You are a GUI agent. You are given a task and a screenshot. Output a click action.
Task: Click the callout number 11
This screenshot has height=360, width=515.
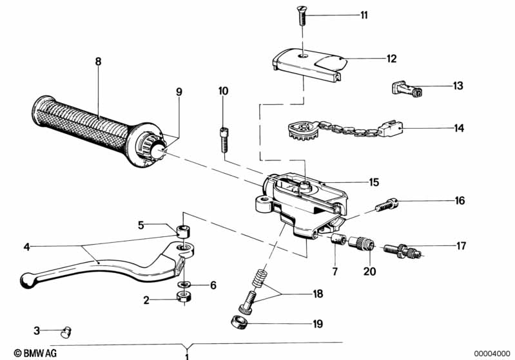[364, 15]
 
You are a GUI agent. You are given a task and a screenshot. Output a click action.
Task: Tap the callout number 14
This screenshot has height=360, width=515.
[459, 128]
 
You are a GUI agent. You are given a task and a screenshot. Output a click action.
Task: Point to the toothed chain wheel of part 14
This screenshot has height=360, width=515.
[303, 130]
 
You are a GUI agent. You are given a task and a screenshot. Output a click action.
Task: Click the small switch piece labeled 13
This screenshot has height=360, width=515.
[408, 88]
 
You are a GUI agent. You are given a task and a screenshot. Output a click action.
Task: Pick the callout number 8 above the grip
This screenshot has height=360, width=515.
[98, 61]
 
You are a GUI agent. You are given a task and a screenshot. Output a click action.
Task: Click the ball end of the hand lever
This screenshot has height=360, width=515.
[27, 280]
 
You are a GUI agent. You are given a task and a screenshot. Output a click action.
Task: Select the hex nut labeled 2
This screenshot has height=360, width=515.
[184, 297]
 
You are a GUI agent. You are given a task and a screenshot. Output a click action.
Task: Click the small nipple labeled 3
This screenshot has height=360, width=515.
[66, 332]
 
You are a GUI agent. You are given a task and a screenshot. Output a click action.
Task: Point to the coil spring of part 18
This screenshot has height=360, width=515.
[259, 278]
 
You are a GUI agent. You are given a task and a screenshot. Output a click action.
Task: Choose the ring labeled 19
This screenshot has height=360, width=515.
[239, 322]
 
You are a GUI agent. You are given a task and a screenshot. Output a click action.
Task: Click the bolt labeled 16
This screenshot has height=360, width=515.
[387, 205]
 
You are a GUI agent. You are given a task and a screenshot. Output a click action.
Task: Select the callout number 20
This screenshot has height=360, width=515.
[369, 271]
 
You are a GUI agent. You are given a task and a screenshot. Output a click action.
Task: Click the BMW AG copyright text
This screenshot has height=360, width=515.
[35, 353]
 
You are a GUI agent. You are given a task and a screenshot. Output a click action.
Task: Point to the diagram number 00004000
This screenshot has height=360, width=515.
[492, 354]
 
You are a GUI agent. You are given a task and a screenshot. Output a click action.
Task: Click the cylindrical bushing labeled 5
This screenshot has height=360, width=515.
[183, 231]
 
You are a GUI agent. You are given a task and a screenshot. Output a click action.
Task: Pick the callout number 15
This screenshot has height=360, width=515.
[374, 182]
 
